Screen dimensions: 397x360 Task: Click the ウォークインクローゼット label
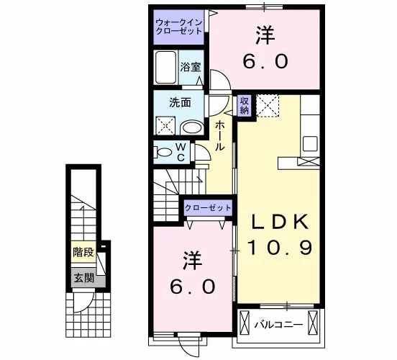(179, 27)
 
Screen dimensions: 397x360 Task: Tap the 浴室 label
(191, 67)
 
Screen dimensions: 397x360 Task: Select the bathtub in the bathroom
(166, 68)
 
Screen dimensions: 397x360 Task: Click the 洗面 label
(180, 103)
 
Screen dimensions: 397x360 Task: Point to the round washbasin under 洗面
(193, 127)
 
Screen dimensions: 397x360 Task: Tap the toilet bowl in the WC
(164, 153)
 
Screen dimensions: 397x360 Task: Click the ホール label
(220, 136)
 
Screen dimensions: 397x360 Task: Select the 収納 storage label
(245, 106)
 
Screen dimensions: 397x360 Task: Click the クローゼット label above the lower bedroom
(208, 208)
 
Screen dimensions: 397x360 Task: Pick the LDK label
(279, 222)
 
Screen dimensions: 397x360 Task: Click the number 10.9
(279, 248)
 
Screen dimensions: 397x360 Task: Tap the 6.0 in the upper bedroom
(265, 62)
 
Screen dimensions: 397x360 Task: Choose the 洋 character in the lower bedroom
(193, 261)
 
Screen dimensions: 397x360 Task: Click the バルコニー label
(278, 325)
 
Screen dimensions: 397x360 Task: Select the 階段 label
(83, 253)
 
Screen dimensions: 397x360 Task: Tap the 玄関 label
(84, 279)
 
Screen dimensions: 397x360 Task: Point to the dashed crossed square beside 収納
(268, 106)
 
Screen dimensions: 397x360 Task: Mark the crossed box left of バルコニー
(245, 323)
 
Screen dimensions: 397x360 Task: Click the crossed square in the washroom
(165, 125)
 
